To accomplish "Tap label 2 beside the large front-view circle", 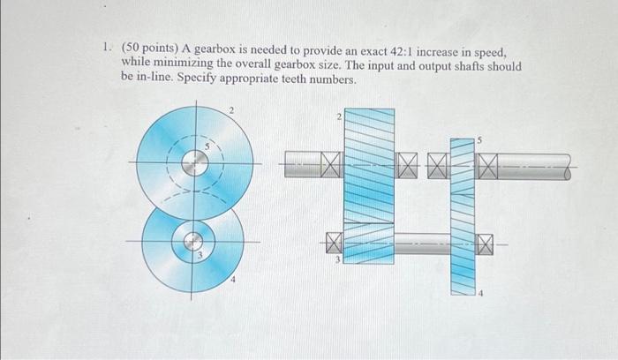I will [231, 110].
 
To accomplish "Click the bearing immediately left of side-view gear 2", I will [330, 163].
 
